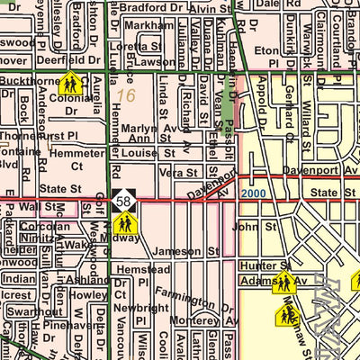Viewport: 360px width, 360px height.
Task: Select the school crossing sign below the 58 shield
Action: tap(126, 223)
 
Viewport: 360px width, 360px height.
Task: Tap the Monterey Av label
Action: tap(208, 320)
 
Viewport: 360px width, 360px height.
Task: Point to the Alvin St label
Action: tap(211, 9)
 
